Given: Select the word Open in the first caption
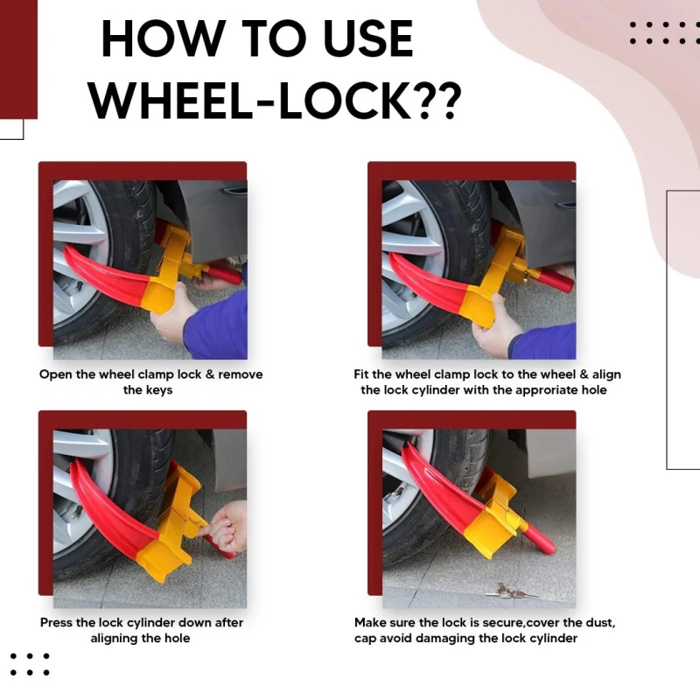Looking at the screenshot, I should pyautogui.click(x=55, y=374).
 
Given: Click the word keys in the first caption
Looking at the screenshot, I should pyautogui.click(x=159, y=389).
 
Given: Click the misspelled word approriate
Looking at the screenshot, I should pyautogui.click(x=537, y=389).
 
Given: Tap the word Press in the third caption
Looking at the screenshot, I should pyautogui.click(x=58, y=623).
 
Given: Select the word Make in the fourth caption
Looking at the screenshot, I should pyautogui.click(x=371, y=623).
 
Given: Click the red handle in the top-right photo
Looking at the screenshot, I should pyautogui.click(x=554, y=280).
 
